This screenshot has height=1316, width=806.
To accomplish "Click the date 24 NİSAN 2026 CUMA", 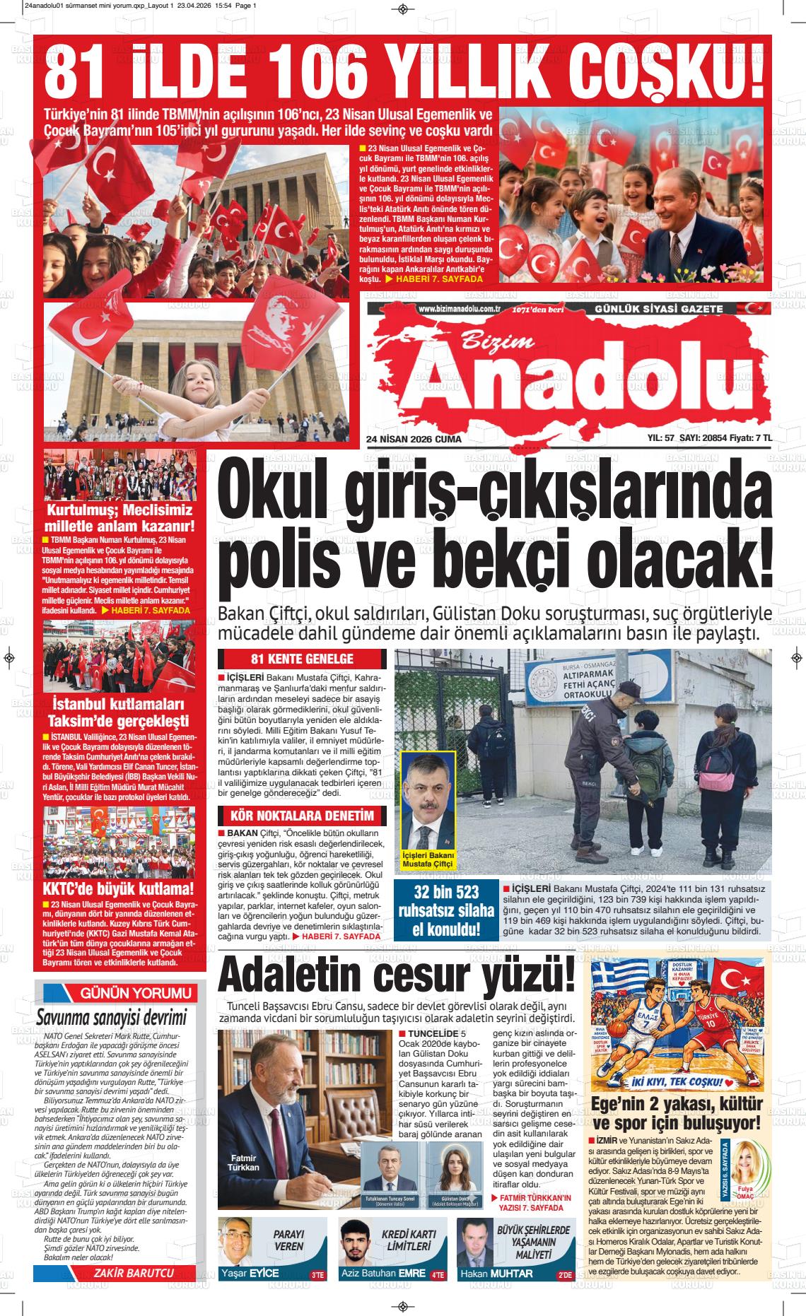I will (414, 440).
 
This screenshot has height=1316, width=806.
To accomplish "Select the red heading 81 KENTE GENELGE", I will (302, 659).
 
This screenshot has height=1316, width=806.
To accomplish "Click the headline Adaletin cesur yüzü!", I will (396, 977).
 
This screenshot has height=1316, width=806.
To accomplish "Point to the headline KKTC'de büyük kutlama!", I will (118, 888).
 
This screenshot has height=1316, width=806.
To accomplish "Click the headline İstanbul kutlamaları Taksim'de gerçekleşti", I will (118, 712).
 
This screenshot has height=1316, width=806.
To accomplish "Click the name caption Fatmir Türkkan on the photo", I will (244, 1162).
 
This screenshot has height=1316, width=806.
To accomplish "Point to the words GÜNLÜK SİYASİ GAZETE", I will (639, 309).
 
